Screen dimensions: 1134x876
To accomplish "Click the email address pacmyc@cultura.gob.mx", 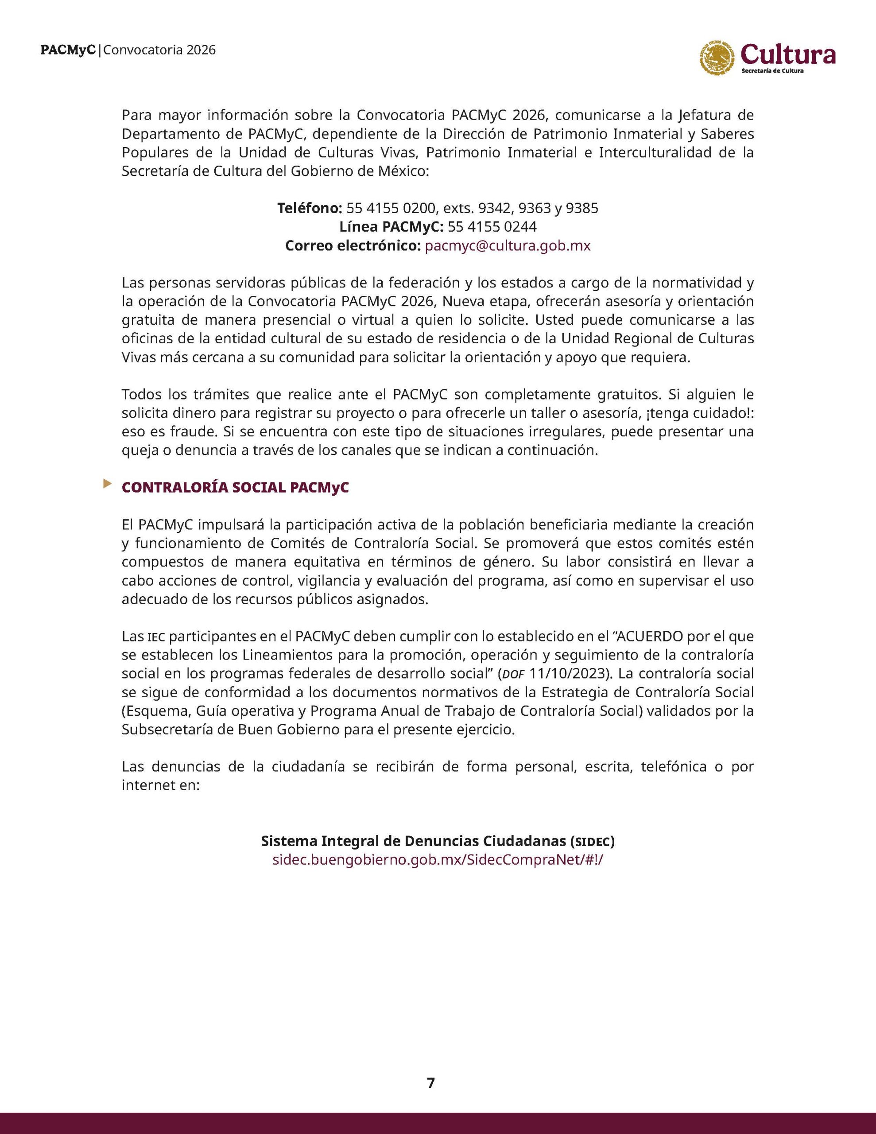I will tap(508, 245).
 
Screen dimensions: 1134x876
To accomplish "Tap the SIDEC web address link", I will tap(438, 859).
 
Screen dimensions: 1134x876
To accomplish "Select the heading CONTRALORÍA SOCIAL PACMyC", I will tap(235, 488).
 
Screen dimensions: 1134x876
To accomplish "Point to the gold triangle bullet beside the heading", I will tap(108, 484).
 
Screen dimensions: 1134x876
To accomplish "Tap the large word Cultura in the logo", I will tap(788, 54).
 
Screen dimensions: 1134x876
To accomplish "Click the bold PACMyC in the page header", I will tap(68, 50).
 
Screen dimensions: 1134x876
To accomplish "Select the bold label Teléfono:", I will tap(310, 208).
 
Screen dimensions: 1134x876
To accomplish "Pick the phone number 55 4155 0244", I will tap(492, 227).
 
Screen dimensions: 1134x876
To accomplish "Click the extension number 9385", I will tap(582, 208).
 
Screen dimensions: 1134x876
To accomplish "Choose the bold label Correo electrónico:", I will tap(353, 245).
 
